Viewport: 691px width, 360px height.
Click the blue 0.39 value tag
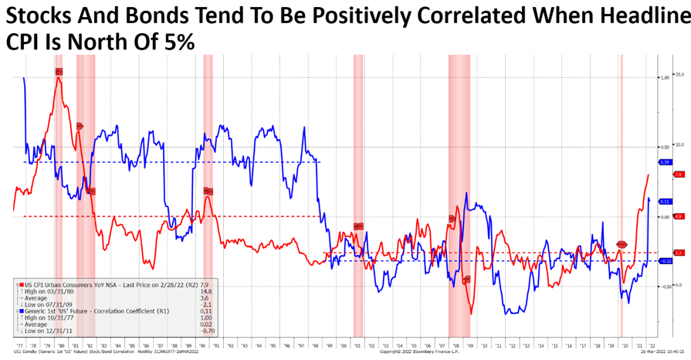(665, 162)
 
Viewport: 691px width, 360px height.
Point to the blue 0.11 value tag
(665, 202)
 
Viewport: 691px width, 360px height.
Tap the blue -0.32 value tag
(665, 261)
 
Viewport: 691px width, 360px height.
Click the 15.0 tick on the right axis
(680, 75)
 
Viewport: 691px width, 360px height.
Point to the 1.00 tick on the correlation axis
(665, 77)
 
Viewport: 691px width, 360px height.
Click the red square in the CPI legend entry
(19, 284)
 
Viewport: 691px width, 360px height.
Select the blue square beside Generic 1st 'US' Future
(19, 310)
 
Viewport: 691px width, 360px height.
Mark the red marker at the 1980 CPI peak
(59, 72)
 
